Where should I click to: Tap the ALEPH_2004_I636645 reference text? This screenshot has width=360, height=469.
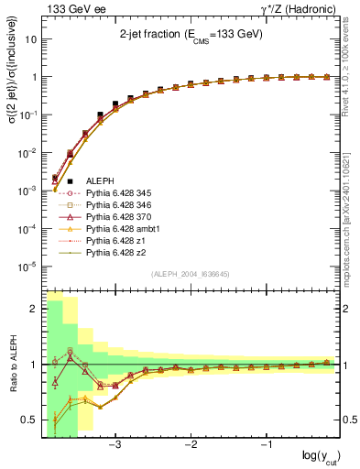[x=191, y=275]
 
